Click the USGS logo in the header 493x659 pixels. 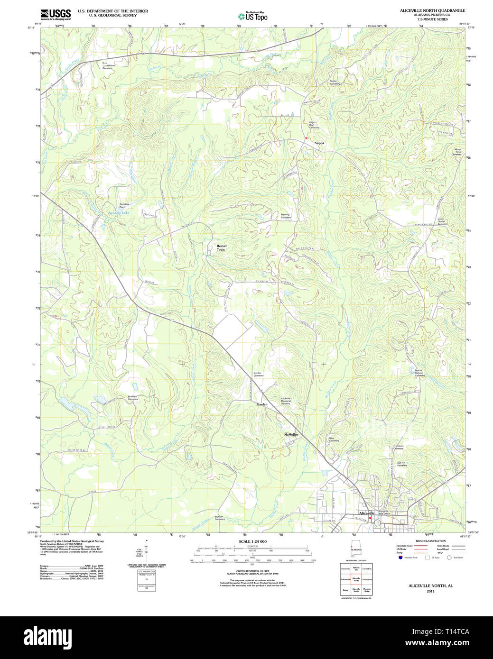[x=56, y=14]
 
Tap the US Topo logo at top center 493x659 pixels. [x=253, y=16]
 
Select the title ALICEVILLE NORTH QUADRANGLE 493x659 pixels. [x=432, y=10]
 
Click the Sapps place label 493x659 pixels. [x=319, y=143]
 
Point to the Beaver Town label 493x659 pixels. [x=222, y=247]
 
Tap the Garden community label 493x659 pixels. [x=262, y=404]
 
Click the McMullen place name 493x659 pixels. [x=291, y=434]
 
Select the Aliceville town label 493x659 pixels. [x=366, y=513]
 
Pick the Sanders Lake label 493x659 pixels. [x=119, y=213]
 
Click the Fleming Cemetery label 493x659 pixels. [x=285, y=216]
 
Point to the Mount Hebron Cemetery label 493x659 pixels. [x=419, y=373]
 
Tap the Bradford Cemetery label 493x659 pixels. [x=132, y=398]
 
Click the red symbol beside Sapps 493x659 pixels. [x=307, y=137]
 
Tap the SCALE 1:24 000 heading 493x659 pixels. [x=252, y=541]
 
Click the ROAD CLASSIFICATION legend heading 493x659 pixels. [x=430, y=541]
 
